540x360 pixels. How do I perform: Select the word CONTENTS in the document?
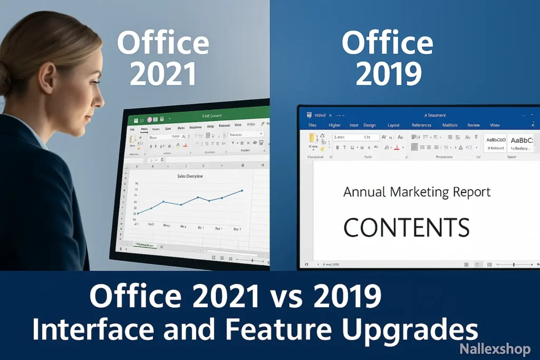tap(406, 227)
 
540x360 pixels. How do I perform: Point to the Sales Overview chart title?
tap(190, 176)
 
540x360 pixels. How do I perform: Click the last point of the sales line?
tap(242, 190)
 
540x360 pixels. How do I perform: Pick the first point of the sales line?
tap(138, 213)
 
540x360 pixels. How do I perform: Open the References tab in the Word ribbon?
tap(421, 125)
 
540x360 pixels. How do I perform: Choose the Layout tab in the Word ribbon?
tap(393, 125)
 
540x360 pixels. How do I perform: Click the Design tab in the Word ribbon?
tap(369, 125)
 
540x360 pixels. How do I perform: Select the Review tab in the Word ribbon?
tap(474, 125)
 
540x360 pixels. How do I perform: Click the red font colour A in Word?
tap(397, 148)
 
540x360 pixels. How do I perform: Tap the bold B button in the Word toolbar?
tap(337, 148)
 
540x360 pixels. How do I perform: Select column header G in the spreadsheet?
tap(243, 166)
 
